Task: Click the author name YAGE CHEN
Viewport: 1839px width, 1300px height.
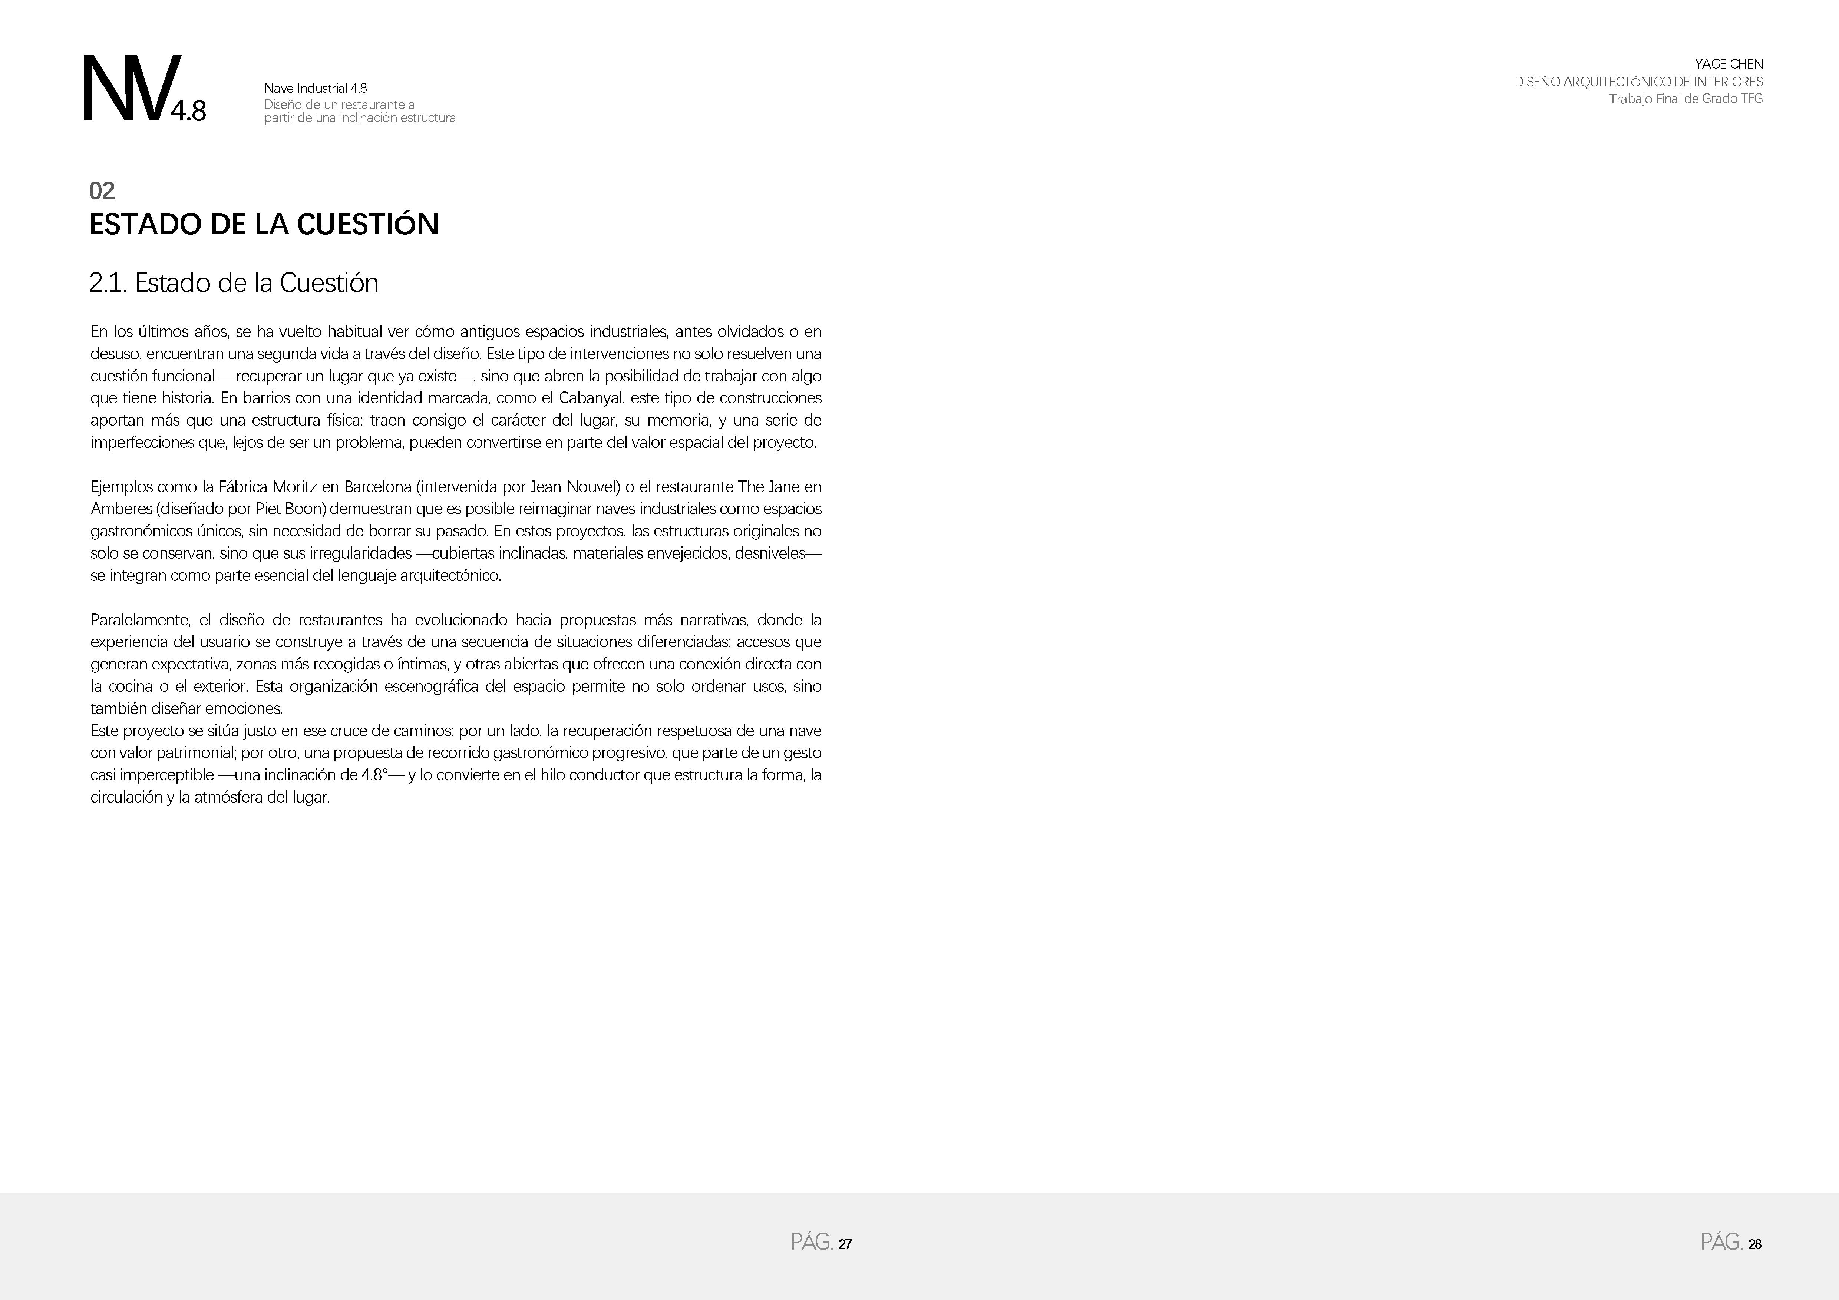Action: point(1729,64)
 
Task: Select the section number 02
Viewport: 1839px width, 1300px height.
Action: point(102,191)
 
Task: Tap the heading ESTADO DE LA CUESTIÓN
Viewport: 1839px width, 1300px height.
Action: point(264,224)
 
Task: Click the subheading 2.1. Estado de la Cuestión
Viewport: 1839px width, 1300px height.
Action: point(234,283)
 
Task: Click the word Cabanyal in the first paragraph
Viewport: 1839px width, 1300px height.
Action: point(590,398)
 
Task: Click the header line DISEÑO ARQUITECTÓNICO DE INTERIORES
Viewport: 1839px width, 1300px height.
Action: point(1638,82)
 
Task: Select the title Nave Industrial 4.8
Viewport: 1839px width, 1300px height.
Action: point(316,88)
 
